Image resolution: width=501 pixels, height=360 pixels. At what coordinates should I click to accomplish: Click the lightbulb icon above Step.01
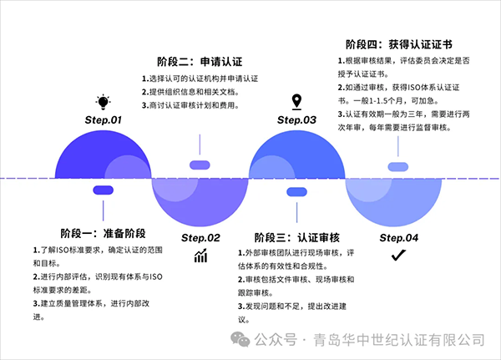point(104,102)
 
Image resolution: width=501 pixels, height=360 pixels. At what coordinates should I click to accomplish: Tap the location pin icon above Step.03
point(296,102)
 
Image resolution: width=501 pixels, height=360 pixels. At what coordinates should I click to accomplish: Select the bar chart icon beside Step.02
point(200,256)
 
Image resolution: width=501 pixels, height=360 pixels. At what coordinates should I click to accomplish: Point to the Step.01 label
point(104,120)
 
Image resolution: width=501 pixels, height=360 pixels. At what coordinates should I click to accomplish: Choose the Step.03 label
point(297,120)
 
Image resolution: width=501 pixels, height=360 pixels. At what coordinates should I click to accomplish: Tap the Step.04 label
point(399,237)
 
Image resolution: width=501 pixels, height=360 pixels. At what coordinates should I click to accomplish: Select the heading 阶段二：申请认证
point(200,62)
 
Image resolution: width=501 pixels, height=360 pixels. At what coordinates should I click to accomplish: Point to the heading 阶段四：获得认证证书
point(398,44)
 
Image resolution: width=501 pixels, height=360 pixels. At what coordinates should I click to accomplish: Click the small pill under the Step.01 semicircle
point(104,190)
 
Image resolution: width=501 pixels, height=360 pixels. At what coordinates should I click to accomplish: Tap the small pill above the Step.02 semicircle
point(200,165)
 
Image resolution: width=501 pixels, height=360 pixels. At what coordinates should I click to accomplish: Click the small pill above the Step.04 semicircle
point(399,167)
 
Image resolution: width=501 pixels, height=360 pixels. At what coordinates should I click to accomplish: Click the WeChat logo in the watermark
point(240,339)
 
